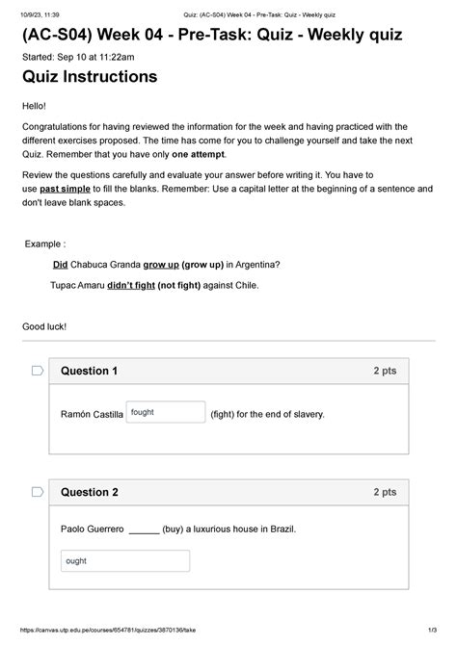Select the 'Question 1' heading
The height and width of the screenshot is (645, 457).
point(89,371)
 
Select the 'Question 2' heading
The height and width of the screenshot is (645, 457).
point(89,492)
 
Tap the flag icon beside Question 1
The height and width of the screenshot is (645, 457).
point(38,371)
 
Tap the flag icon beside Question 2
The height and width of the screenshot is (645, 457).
point(38,492)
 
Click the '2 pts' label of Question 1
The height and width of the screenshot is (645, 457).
point(385,371)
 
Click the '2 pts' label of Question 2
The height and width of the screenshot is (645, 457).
point(385,492)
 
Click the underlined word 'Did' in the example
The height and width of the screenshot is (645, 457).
point(60,264)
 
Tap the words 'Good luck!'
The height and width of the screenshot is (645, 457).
point(45,327)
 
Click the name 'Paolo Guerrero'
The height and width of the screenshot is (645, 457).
point(93,529)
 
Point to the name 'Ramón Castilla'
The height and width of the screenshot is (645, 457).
point(92,415)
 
